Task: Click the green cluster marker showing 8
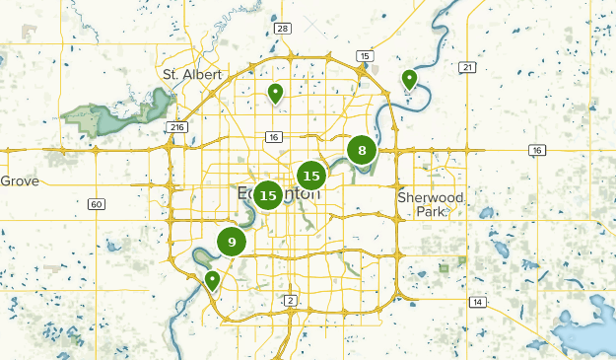363,151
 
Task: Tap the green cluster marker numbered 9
232,242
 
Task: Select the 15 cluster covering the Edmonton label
268,195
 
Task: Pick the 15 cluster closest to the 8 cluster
311,176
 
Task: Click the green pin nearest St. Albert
276,93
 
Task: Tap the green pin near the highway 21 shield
409,79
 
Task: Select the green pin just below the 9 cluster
212,280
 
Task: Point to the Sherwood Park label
431,204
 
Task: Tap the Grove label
19,180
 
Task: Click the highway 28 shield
283,29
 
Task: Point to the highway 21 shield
466,67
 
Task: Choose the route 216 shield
177,127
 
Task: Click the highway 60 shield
96,204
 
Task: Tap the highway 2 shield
290,300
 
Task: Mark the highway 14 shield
478,302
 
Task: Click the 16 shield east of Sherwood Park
536,150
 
